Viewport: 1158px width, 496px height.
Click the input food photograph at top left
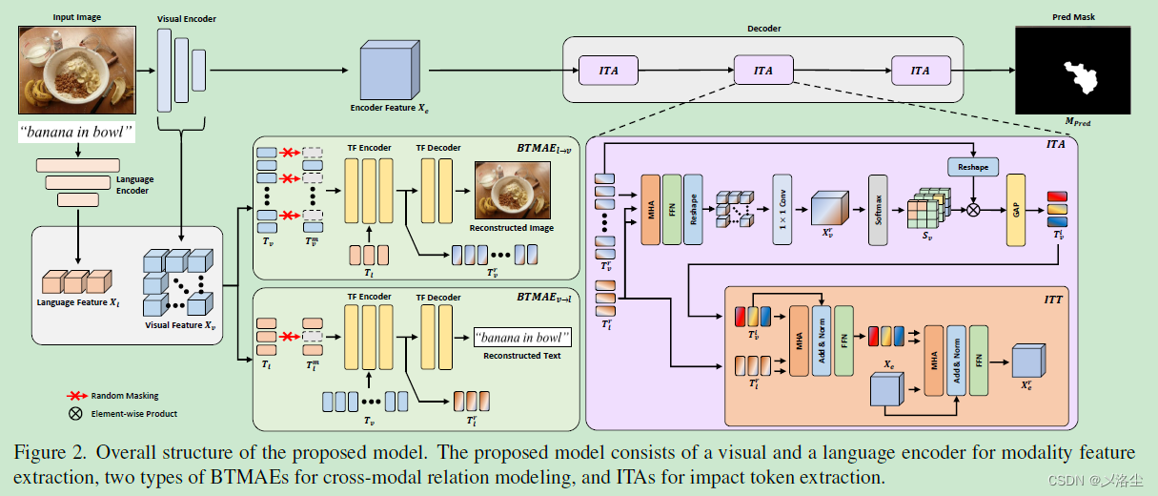[x=76, y=70]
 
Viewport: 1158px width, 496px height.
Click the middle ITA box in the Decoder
[x=763, y=71]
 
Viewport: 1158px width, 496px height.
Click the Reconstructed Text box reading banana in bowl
[x=523, y=338]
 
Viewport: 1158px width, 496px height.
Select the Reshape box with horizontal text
[x=973, y=168]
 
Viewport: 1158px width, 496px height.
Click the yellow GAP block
[x=1015, y=209]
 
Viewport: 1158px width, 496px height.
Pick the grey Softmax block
[x=878, y=209]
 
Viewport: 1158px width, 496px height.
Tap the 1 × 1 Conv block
[x=782, y=209]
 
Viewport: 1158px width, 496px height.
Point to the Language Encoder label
[x=134, y=185]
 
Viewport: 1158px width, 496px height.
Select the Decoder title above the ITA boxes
[x=763, y=29]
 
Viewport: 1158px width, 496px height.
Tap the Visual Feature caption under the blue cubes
[x=180, y=325]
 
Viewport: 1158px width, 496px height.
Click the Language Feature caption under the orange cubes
[x=78, y=302]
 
